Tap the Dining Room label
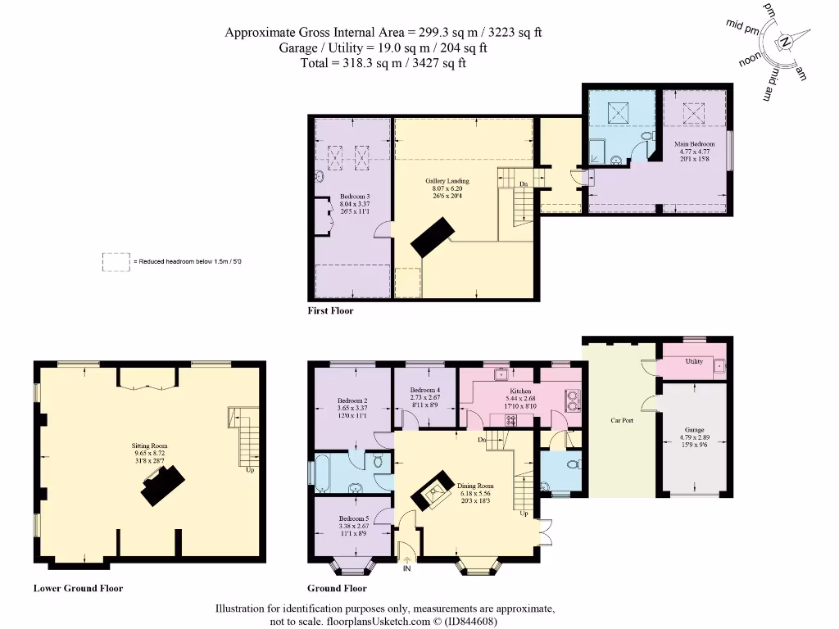click(x=475, y=486)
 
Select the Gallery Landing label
click(x=447, y=181)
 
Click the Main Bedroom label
click(x=694, y=144)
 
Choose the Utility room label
click(x=694, y=361)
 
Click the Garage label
click(x=694, y=430)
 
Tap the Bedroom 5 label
click(x=354, y=518)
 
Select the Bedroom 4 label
click(x=425, y=390)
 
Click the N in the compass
click(x=785, y=42)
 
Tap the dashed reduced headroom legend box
click(x=116, y=261)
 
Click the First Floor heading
click(x=330, y=311)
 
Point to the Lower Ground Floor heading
click(x=78, y=588)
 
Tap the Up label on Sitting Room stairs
click(x=249, y=469)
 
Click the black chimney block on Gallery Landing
click(x=432, y=235)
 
